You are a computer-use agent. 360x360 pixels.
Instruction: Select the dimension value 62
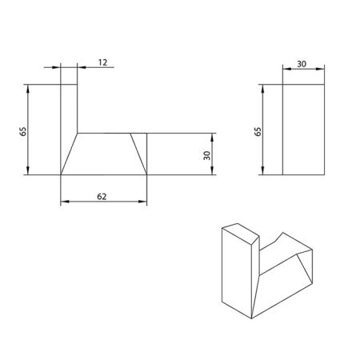pos(103,194)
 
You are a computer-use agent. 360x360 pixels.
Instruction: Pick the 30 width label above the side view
pos(302,62)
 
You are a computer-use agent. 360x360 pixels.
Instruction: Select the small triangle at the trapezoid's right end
pos(143,152)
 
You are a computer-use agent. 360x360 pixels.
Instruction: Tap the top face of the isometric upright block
pos(241,233)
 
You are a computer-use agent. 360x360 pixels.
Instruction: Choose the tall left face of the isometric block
pos(235,276)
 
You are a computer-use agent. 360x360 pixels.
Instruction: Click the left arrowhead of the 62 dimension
pos(64,202)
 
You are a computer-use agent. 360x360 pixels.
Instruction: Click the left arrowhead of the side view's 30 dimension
pos(286,70)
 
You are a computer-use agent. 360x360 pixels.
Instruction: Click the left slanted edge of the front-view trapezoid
pos(70,154)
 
